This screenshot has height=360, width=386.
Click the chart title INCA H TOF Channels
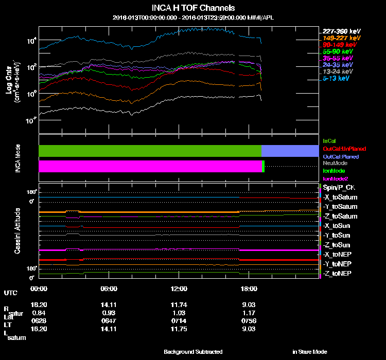click(193, 8)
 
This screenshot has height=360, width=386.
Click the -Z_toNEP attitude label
click(337, 273)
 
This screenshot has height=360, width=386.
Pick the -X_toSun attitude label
click(337, 226)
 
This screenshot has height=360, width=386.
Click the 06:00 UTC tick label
click(109, 289)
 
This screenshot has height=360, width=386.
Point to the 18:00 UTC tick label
click(249, 289)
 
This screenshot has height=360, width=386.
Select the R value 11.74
click(179, 304)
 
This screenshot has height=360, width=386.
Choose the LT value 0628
click(39, 321)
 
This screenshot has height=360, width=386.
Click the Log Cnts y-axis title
click(11, 82)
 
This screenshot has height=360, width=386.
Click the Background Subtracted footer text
click(193, 352)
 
